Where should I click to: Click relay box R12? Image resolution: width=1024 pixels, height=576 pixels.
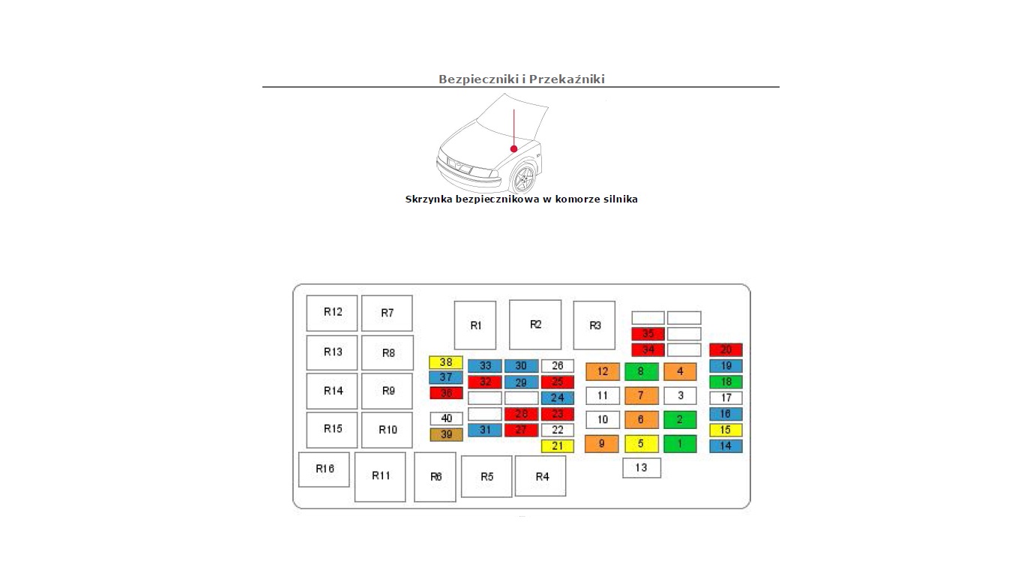[332, 313]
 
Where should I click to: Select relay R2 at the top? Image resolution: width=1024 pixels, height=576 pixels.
[535, 325]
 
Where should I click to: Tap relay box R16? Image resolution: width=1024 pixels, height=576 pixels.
[324, 469]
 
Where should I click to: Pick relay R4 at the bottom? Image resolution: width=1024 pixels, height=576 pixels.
[540, 476]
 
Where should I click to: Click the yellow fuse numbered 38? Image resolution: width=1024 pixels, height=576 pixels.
[446, 362]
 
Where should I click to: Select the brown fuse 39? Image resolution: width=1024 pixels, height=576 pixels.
[446, 435]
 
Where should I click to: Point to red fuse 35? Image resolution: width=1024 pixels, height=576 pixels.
[648, 334]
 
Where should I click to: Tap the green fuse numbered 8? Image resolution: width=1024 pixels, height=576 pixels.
[641, 371]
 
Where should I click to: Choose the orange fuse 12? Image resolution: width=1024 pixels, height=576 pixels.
[603, 371]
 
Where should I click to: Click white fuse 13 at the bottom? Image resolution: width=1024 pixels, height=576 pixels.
[642, 468]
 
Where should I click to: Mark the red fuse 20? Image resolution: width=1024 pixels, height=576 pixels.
[726, 349]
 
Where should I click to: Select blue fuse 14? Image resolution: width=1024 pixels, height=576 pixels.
[726, 446]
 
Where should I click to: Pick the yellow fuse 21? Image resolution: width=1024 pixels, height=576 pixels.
[557, 446]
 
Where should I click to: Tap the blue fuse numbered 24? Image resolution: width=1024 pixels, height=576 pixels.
[557, 398]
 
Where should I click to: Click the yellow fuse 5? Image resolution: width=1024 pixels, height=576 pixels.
[641, 444]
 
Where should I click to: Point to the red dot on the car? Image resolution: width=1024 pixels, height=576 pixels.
[514, 148]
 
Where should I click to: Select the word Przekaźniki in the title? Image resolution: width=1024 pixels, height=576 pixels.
[567, 79]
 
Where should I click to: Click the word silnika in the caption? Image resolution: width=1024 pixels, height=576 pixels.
[618, 199]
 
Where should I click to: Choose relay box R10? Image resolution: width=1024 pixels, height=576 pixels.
[387, 430]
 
